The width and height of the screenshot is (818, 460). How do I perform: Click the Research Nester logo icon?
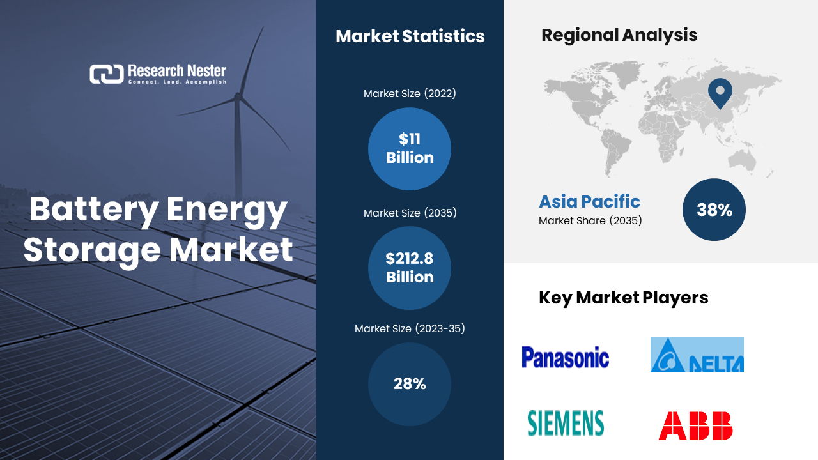(x=106, y=74)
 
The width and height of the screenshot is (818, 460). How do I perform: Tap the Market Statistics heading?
(x=410, y=36)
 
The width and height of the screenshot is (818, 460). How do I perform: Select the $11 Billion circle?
(x=410, y=149)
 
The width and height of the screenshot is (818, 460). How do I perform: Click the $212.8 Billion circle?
(x=410, y=268)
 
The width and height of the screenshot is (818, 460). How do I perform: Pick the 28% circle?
(x=410, y=384)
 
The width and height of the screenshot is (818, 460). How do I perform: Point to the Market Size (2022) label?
(x=410, y=94)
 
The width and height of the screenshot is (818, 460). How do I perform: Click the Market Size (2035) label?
(x=410, y=213)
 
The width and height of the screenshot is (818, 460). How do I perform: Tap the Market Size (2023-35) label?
(x=410, y=329)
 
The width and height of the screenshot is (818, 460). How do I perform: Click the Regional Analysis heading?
(x=619, y=35)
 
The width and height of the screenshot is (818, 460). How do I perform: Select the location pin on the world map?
(x=720, y=92)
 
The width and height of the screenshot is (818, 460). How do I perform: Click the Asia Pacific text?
(x=589, y=202)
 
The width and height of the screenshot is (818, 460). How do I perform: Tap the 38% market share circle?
(x=714, y=210)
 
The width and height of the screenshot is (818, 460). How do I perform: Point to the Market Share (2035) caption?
(x=590, y=221)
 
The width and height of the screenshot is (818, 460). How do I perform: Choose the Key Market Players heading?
(x=623, y=298)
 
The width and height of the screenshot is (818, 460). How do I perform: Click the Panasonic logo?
(x=565, y=357)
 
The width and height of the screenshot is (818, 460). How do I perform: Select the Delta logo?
(x=697, y=355)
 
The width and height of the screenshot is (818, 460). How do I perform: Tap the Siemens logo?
(x=566, y=424)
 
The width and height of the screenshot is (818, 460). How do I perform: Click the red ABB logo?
(x=695, y=426)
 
